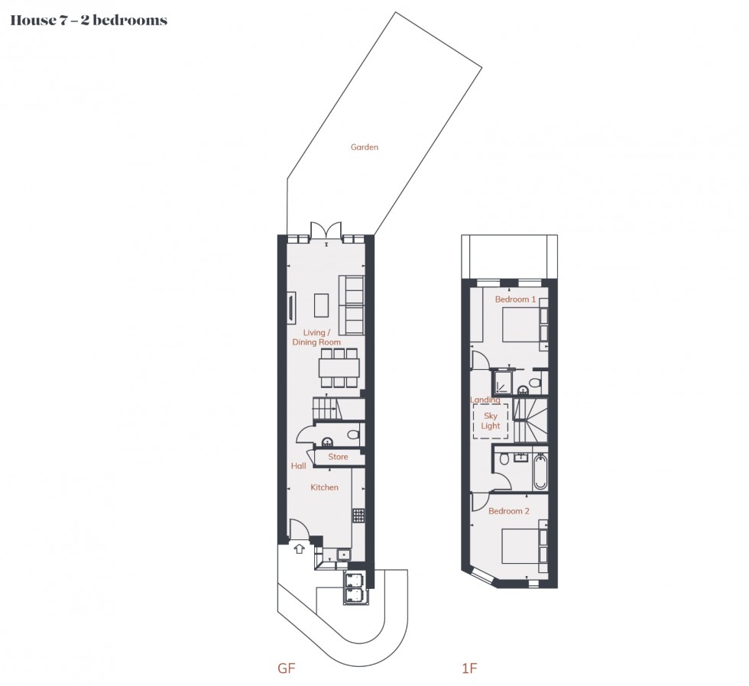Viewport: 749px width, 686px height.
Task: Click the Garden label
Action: click(x=365, y=147)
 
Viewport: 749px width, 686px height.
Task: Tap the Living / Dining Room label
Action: click(x=316, y=338)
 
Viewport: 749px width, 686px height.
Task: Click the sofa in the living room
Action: click(x=352, y=306)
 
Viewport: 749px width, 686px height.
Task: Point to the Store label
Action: click(x=338, y=457)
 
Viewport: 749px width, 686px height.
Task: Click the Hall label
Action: click(x=298, y=466)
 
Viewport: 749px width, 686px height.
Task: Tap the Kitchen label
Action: click(x=324, y=487)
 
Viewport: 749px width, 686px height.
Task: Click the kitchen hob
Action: click(x=358, y=516)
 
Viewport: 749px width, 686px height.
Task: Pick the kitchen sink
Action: click(x=343, y=554)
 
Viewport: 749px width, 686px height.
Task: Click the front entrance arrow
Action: click(x=299, y=548)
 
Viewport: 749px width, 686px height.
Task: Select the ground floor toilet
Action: click(x=352, y=435)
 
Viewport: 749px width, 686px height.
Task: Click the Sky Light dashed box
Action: click(x=490, y=421)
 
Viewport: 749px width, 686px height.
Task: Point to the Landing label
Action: click(x=485, y=400)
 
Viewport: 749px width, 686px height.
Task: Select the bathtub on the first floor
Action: click(x=540, y=473)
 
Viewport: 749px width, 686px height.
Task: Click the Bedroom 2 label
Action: click(x=509, y=511)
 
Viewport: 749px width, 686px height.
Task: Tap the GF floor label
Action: click(x=286, y=668)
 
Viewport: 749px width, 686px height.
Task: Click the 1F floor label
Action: click(x=469, y=668)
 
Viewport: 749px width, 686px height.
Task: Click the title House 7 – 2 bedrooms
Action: click(x=88, y=21)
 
